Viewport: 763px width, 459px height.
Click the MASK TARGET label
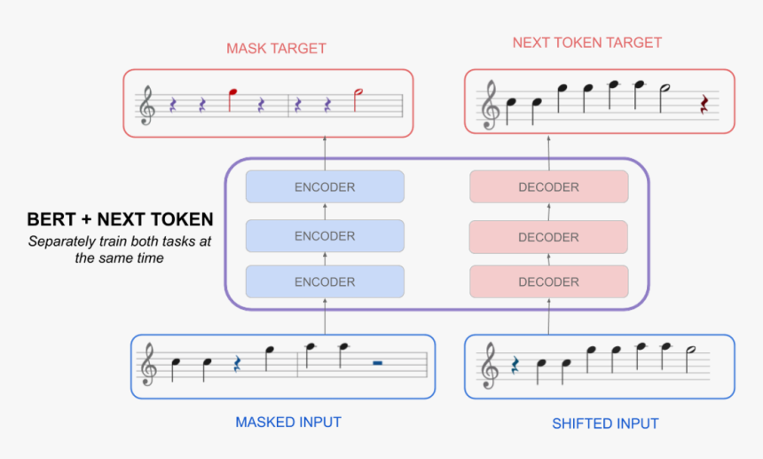click(x=276, y=48)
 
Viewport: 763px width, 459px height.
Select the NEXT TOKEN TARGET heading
click(x=586, y=43)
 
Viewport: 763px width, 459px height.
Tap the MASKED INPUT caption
click(x=288, y=422)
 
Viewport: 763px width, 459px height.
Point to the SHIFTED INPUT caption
click(x=605, y=423)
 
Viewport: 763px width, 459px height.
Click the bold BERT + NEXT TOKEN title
click(x=120, y=219)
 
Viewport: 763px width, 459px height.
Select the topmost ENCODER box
click(x=325, y=186)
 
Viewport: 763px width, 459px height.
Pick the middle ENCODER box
click(x=325, y=236)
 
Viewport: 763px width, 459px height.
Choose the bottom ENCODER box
click(x=325, y=281)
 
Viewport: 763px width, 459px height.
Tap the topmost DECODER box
click(x=549, y=186)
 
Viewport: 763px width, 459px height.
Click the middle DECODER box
click(x=548, y=237)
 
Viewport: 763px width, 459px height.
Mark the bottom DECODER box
click(x=549, y=281)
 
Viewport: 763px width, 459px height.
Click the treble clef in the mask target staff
click(x=147, y=106)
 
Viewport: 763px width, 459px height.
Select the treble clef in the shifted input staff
click(x=490, y=366)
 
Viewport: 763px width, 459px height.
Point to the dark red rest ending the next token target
click(x=704, y=104)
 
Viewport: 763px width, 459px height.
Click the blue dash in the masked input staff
click(x=377, y=362)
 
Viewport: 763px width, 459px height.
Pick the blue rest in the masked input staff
click(x=237, y=364)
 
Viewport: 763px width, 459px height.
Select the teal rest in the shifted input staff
click(x=515, y=365)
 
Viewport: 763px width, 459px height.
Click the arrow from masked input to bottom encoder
click(x=325, y=316)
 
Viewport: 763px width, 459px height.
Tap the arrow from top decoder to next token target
click(x=549, y=153)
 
